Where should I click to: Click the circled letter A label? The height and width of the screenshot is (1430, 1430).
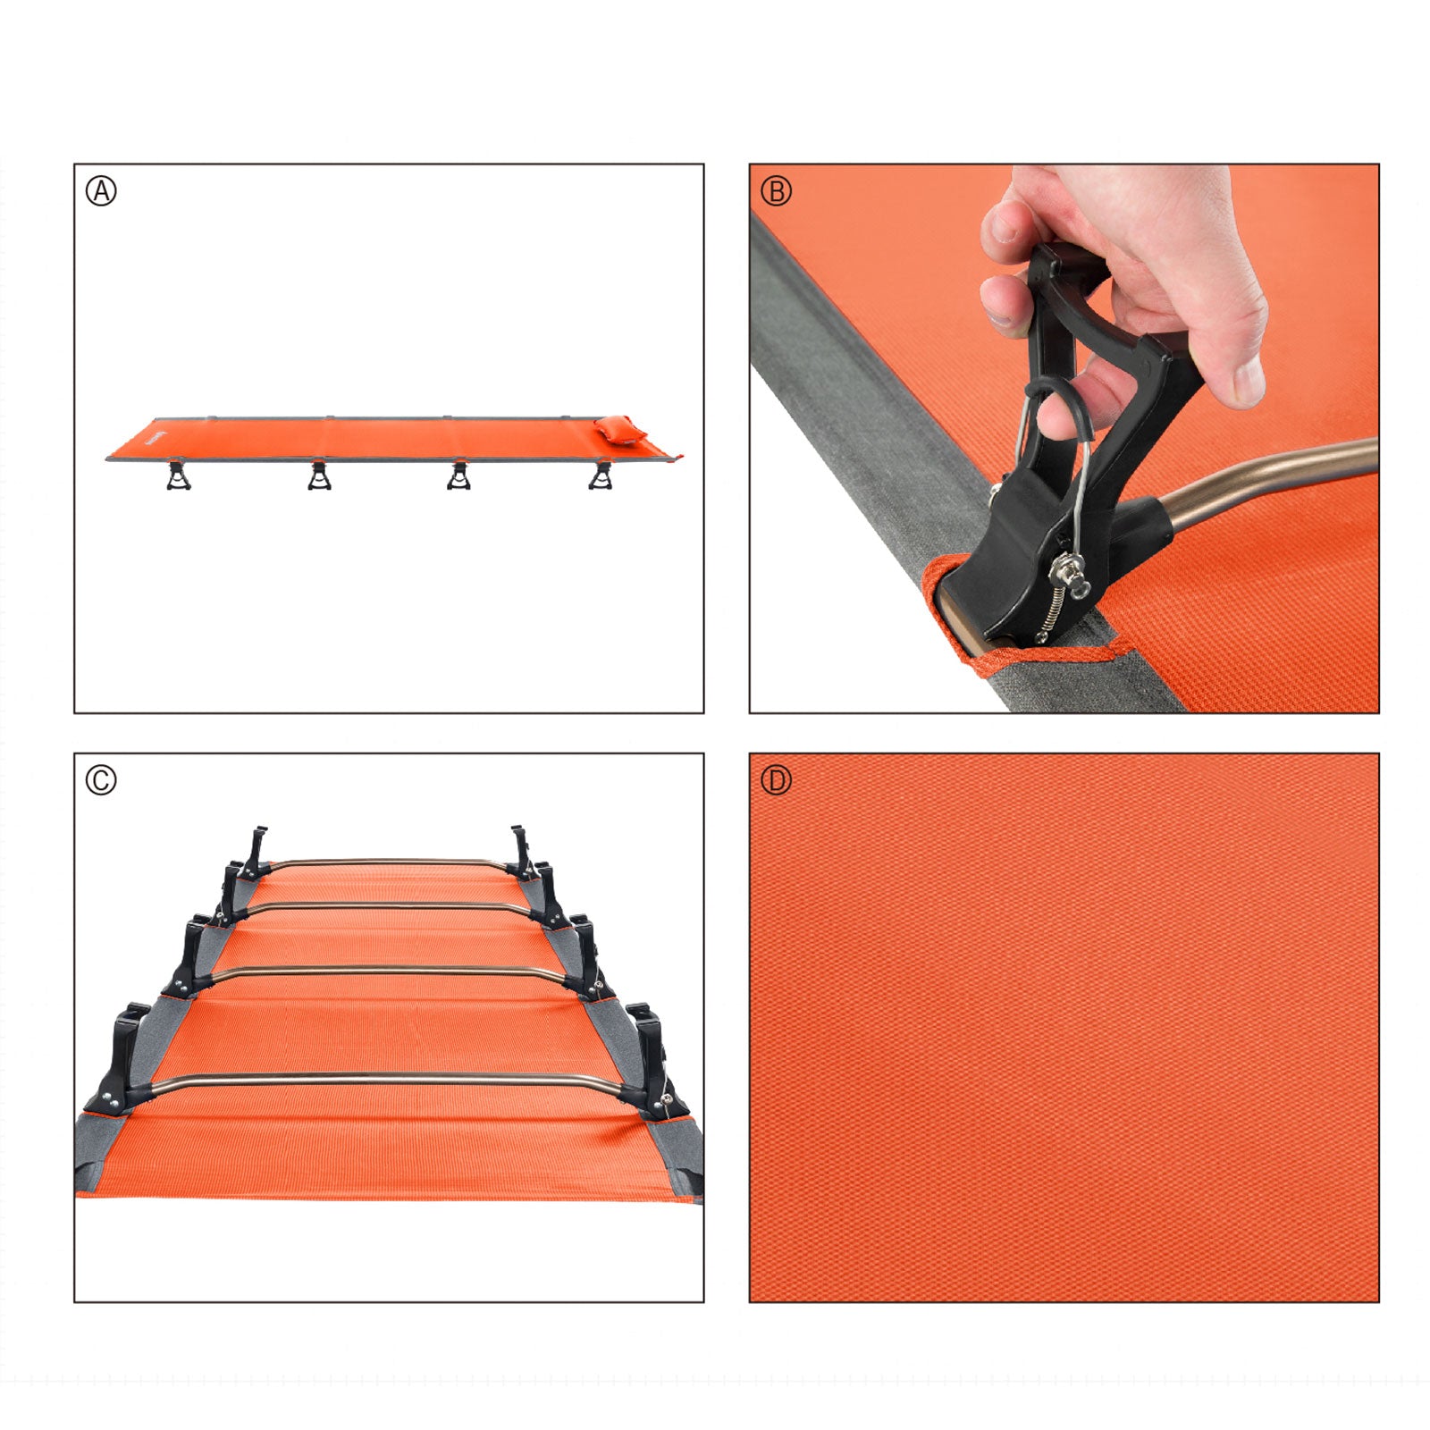[x=101, y=191]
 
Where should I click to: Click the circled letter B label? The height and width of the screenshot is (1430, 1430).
[x=776, y=191]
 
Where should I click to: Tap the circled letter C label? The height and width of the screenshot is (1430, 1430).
[x=101, y=780]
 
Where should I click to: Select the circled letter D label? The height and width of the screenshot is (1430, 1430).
[x=776, y=780]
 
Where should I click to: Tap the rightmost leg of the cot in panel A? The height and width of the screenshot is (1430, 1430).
[x=601, y=475]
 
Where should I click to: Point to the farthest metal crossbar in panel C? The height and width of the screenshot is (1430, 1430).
[x=384, y=862]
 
